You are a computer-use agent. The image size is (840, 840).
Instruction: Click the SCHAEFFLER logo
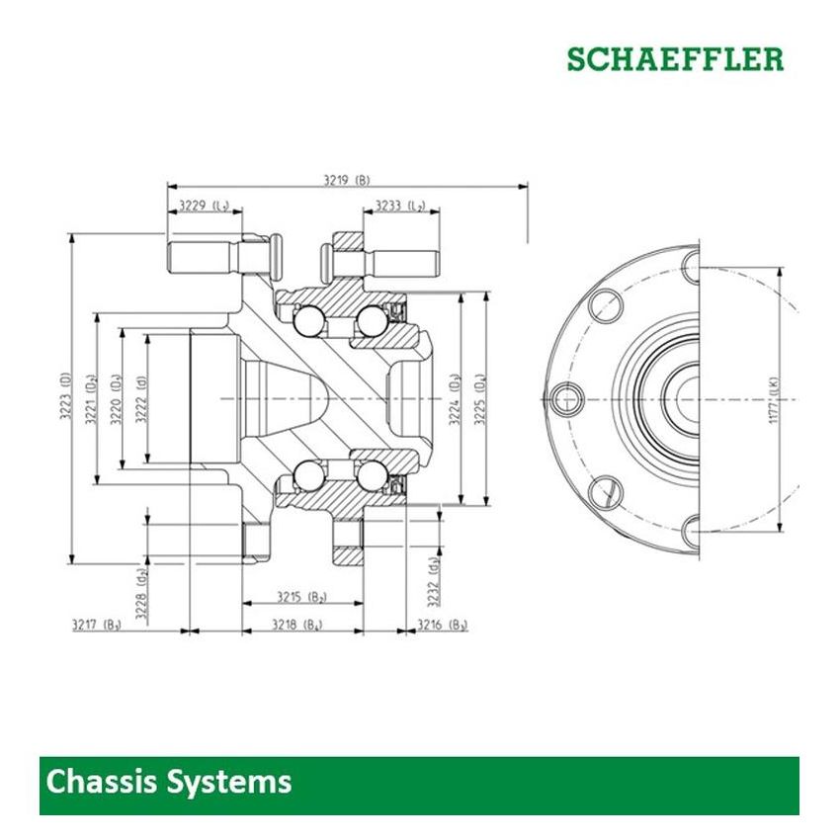tap(675, 59)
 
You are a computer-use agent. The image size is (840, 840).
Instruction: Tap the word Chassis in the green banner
tap(102, 783)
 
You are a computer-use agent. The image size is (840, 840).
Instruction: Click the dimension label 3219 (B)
tap(346, 180)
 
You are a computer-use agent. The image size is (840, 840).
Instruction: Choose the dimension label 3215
tap(301, 597)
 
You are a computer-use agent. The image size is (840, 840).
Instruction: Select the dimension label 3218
tap(297, 625)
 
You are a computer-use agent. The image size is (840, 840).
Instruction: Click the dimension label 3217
tap(97, 625)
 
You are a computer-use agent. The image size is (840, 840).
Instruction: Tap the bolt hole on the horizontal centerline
tap(566, 398)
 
